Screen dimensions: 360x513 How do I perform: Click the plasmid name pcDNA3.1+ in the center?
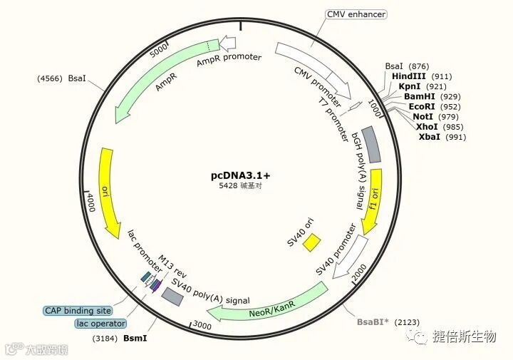point(240,175)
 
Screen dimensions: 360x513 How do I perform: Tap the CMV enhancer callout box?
point(356,14)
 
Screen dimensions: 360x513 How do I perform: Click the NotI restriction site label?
point(423,116)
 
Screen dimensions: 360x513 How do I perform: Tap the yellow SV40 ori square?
point(311,242)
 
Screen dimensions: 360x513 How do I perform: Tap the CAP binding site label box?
point(78,310)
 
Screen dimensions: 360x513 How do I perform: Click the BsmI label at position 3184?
point(135,337)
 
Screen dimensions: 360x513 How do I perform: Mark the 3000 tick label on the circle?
point(202,325)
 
